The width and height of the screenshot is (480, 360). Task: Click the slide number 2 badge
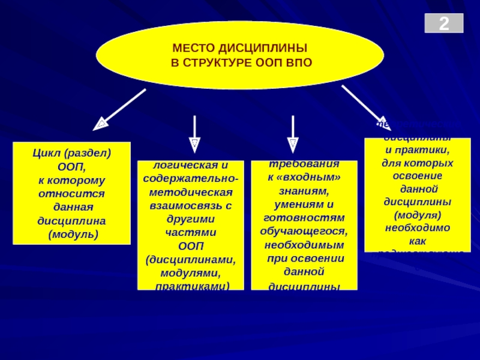[444, 24]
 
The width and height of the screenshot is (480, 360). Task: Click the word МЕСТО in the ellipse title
[192, 48]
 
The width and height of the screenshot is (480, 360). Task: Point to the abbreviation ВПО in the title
[298, 62]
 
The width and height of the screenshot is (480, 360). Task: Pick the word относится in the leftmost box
[71, 194]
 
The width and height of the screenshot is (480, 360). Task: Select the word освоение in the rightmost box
[418, 175]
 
